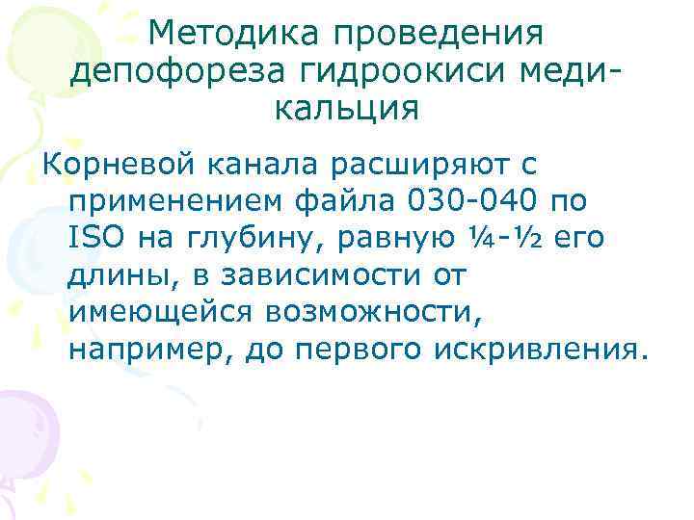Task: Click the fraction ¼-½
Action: [x=500, y=237]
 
